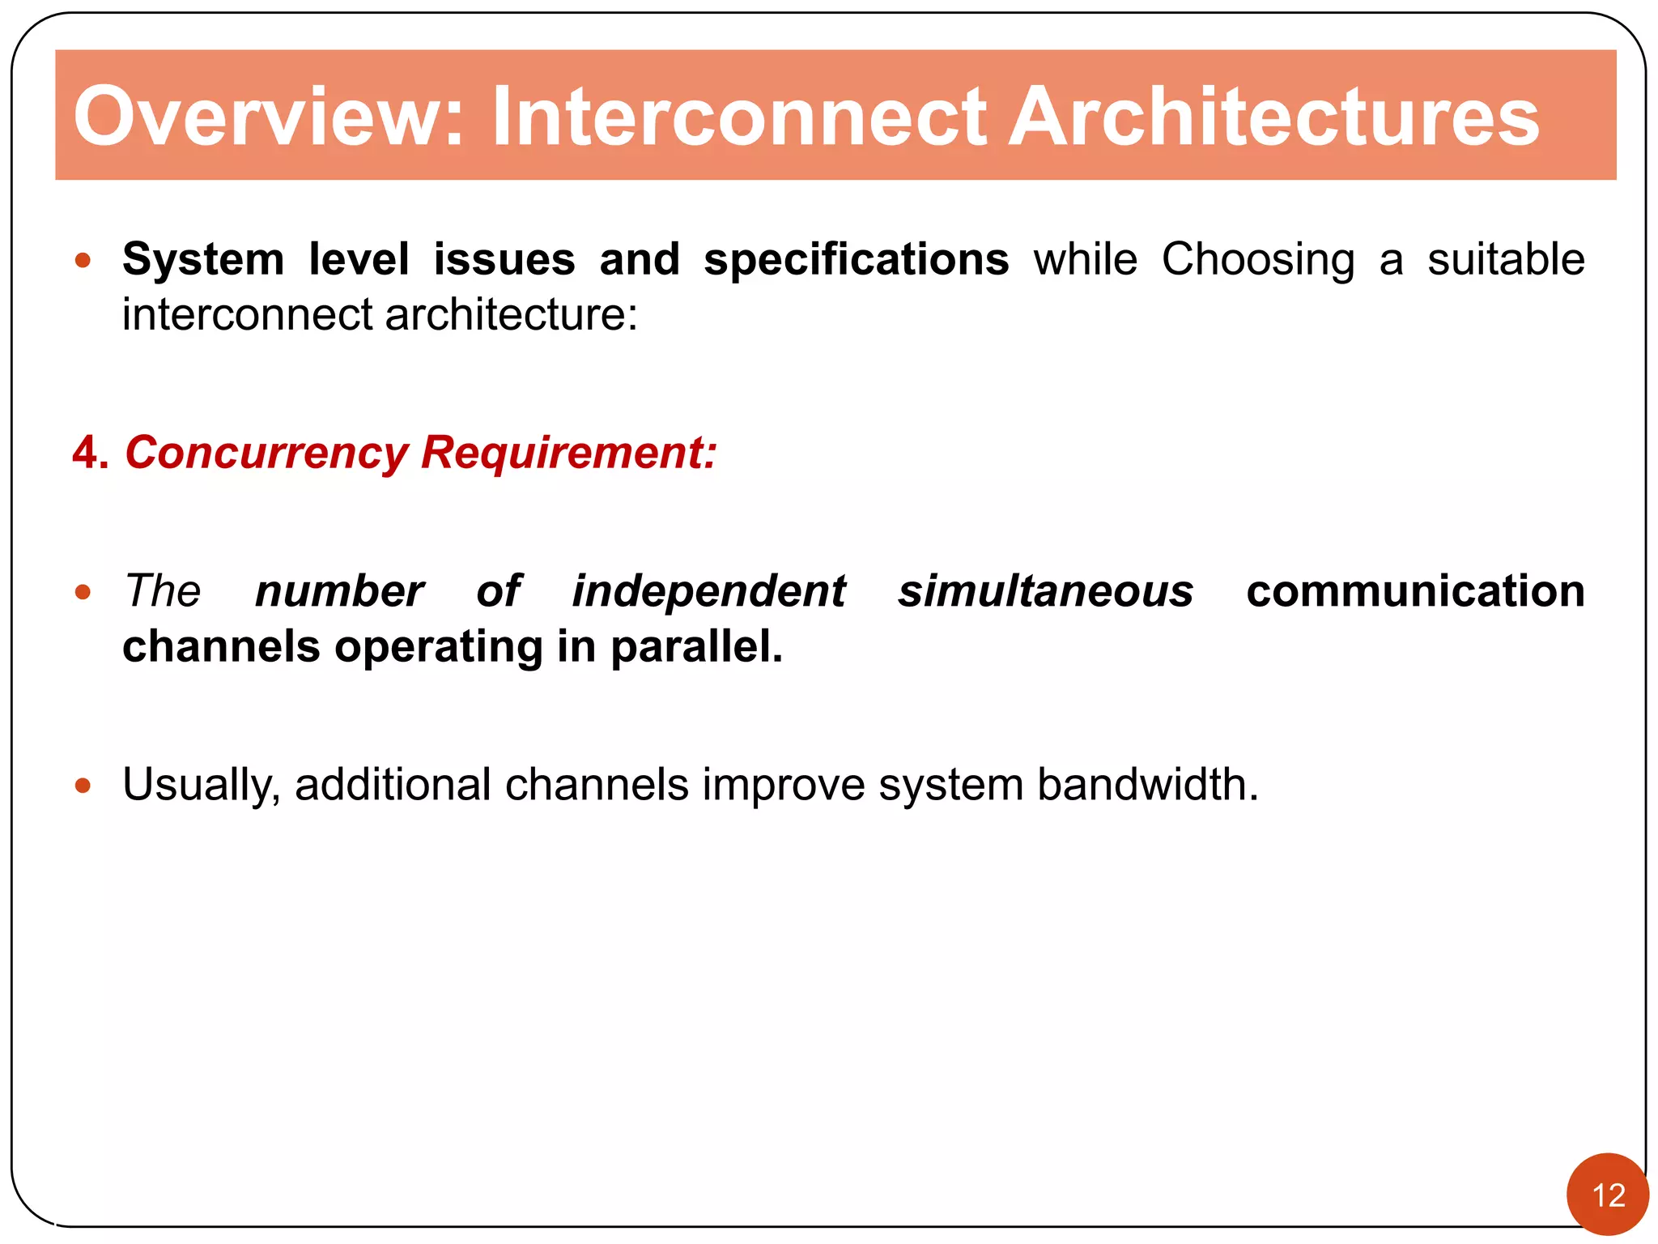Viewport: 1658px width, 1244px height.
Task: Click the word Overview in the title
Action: click(x=267, y=117)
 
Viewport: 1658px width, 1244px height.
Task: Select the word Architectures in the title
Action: click(x=1273, y=117)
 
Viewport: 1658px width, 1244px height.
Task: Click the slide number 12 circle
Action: click(x=1608, y=1195)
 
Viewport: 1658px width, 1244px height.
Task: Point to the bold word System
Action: click(x=203, y=260)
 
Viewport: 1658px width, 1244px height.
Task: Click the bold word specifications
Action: click(x=856, y=260)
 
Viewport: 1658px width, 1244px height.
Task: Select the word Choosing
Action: click(x=1258, y=260)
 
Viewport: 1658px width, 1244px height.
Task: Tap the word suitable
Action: click(x=1505, y=260)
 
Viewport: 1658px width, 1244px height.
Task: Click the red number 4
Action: click(x=89, y=452)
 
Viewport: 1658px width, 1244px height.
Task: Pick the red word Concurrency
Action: click(x=266, y=452)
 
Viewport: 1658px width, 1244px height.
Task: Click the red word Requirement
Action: click(x=568, y=452)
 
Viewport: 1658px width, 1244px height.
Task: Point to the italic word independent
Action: click(x=708, y=590)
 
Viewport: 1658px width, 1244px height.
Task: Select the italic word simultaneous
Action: click(x=1045, y=590)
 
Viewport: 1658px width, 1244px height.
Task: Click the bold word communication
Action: click(x=1415, y=590)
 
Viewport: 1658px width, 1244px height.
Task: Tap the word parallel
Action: click(x=695, y=646)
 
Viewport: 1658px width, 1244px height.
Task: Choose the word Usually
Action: click(x=201, y=785)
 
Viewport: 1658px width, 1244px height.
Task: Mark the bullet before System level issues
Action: click(x=83, y=261)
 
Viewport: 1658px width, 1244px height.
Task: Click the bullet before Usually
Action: click(x=83, y=785)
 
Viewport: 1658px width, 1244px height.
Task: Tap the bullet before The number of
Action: click(x=83, y=592)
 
